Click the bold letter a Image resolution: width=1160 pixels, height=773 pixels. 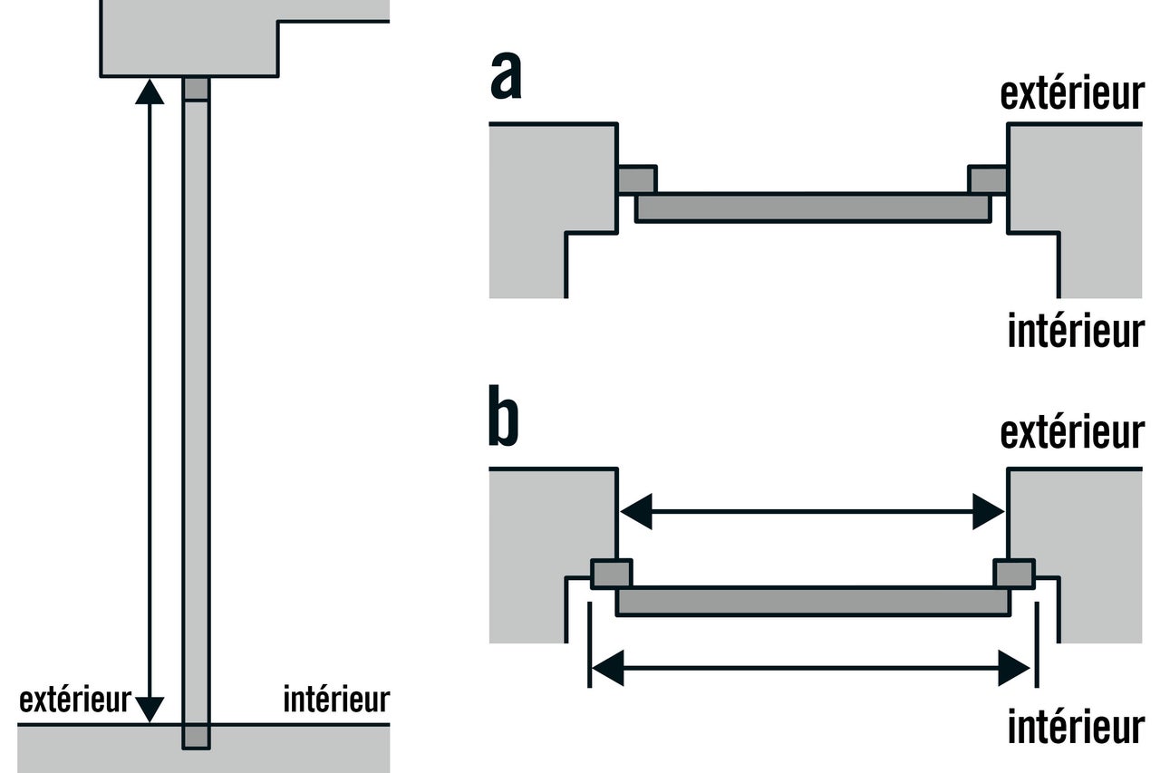tap(506, 75)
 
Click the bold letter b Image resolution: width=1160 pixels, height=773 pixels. tap(503, 415)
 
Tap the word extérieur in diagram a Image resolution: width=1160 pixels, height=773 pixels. tap(1072, 93)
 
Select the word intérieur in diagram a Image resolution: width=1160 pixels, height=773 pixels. tap(1076, 330)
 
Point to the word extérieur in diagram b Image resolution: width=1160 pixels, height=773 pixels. tap(1072, 431)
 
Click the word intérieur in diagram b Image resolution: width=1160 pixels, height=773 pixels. tap(1076, 726)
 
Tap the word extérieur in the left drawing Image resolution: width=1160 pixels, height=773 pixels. tap(75, 700)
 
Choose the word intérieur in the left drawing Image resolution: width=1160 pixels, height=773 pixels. tap(336, 700)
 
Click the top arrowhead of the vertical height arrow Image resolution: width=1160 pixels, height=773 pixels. tap(150, 92)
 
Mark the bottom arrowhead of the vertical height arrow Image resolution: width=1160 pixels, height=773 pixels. tap(150, 710)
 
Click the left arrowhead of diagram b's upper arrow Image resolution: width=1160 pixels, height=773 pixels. tap(636, 511)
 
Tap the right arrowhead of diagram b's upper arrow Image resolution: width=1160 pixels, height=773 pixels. tap(989, 511)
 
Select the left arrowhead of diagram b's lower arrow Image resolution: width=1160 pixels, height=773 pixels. tap(608, 669)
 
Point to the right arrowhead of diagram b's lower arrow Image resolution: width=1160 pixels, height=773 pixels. tap(1014, 669)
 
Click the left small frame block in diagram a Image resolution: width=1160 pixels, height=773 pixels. tap(637, 179)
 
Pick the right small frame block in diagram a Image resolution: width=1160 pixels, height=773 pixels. tap(988, 179)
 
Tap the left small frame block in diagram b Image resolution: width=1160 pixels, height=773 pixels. tap(612, 574)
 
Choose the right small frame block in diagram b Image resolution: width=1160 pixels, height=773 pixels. tap(1014, 574)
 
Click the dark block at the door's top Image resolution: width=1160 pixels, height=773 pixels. tap(197, 89)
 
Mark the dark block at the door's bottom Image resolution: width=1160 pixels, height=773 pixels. tap(197, 736)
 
